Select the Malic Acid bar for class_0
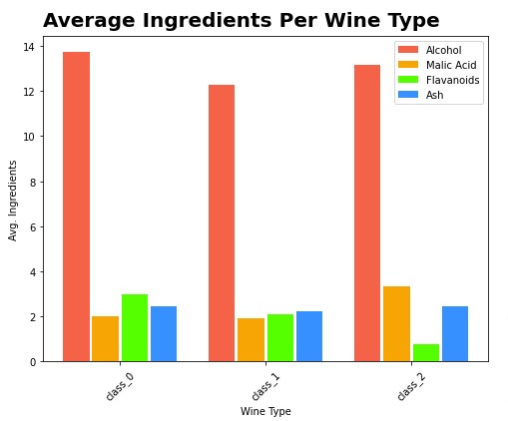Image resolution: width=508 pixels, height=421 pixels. point(105,339)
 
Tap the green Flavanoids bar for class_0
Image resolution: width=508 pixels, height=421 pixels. point(135,328)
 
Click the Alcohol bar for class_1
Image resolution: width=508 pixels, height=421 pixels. point(222,223)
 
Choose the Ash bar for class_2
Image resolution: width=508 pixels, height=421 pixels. point(455,334)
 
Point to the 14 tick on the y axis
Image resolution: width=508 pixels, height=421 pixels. point(31,46)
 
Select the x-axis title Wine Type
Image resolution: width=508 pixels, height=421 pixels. point(265,410)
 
